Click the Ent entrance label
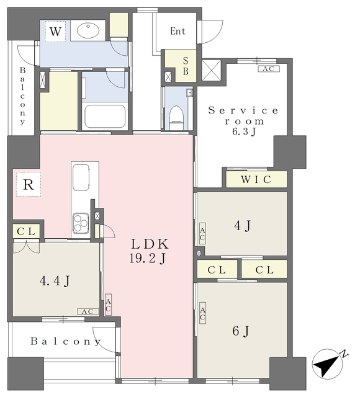(x=178, y=31)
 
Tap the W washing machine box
(x=55, y=32)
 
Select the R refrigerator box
(x=29, y=184)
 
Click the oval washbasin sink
(x=88, y=30)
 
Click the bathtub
(x=105, y=117)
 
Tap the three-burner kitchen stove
(x=81, y=223)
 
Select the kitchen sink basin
(x=81, y=177)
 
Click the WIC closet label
(x=256, y=179)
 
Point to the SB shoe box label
(x=186, y=66)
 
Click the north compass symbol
(x=328, y=364)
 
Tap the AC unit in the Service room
(x=269, y=69)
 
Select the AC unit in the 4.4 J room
(x=88, y=311)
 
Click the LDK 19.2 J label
(x=149, y=251)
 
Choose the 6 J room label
(x=241, y=331)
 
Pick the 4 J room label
(x=243, y=225)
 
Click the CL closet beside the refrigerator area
(x=26, y=231)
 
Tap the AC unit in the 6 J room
(x=202, y=313)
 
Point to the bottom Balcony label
(x=66, y=341)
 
